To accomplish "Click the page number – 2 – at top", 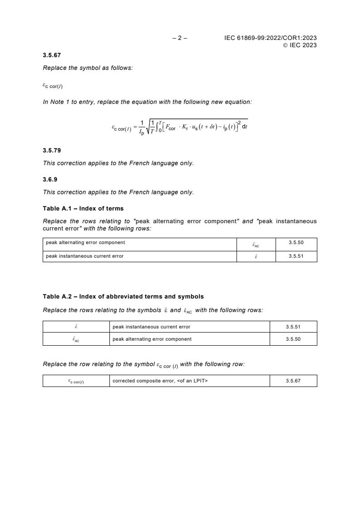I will click(180, 38).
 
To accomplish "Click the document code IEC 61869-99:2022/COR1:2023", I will click(270, 38).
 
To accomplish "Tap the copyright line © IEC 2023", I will click(300, 45).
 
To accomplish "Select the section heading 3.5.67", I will click(52, 55).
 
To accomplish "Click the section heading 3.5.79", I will click(52, 150).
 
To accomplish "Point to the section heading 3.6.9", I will click(50, 179).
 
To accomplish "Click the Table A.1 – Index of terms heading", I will click(83, 208).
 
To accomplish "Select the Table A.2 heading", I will click(123, 297).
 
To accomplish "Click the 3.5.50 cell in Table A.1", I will click(296, 243).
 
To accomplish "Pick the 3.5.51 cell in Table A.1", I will click(296, 256).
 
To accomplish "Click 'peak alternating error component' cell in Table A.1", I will click(85, 243).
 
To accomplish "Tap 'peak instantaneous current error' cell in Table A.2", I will click(151, 327).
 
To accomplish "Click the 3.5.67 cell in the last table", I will click(293, 381).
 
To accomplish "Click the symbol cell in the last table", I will click(76, 382).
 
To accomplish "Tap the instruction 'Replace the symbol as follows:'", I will click(88, 68).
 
